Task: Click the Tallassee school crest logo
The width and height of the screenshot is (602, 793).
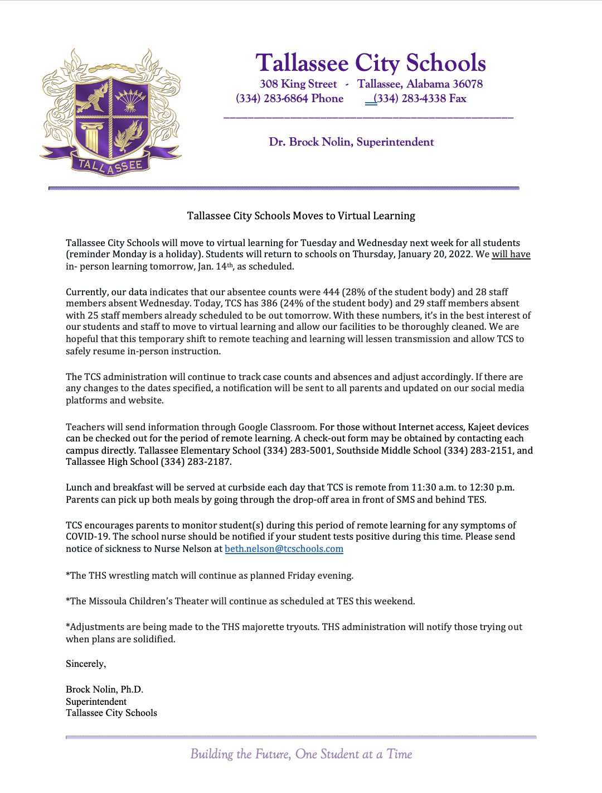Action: (110, 112)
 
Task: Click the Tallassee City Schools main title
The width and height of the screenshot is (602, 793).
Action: (371, 63)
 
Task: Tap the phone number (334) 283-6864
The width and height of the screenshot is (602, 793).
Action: (272, 99)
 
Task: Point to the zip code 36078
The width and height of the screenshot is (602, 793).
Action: (468, 84)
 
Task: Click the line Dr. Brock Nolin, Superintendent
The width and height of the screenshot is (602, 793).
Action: (351, 142)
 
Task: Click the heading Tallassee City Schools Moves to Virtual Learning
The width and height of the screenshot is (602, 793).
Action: (301, 216)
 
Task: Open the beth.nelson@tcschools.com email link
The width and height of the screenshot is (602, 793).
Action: (284, 549)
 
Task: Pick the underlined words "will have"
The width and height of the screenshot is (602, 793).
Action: (511, 254)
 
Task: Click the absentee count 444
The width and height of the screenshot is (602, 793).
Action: (331, 292)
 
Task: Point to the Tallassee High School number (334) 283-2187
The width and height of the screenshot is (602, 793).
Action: (195, 462)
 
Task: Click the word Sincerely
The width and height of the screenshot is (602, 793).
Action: (85, 664)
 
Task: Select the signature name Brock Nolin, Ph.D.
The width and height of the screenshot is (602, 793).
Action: (104, 690)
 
